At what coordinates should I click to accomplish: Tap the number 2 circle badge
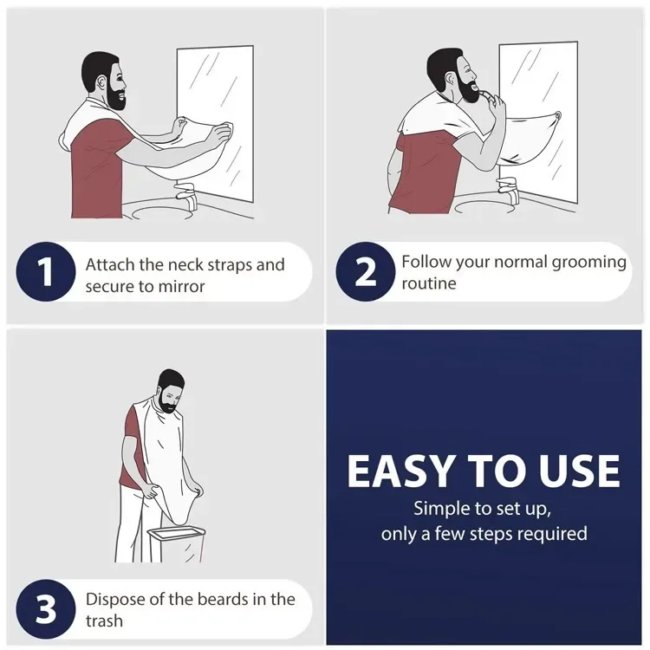365,272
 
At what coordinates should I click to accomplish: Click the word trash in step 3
104,621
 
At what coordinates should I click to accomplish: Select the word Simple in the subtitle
445,508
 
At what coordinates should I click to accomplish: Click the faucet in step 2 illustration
509,189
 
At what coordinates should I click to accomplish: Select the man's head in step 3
172,389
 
